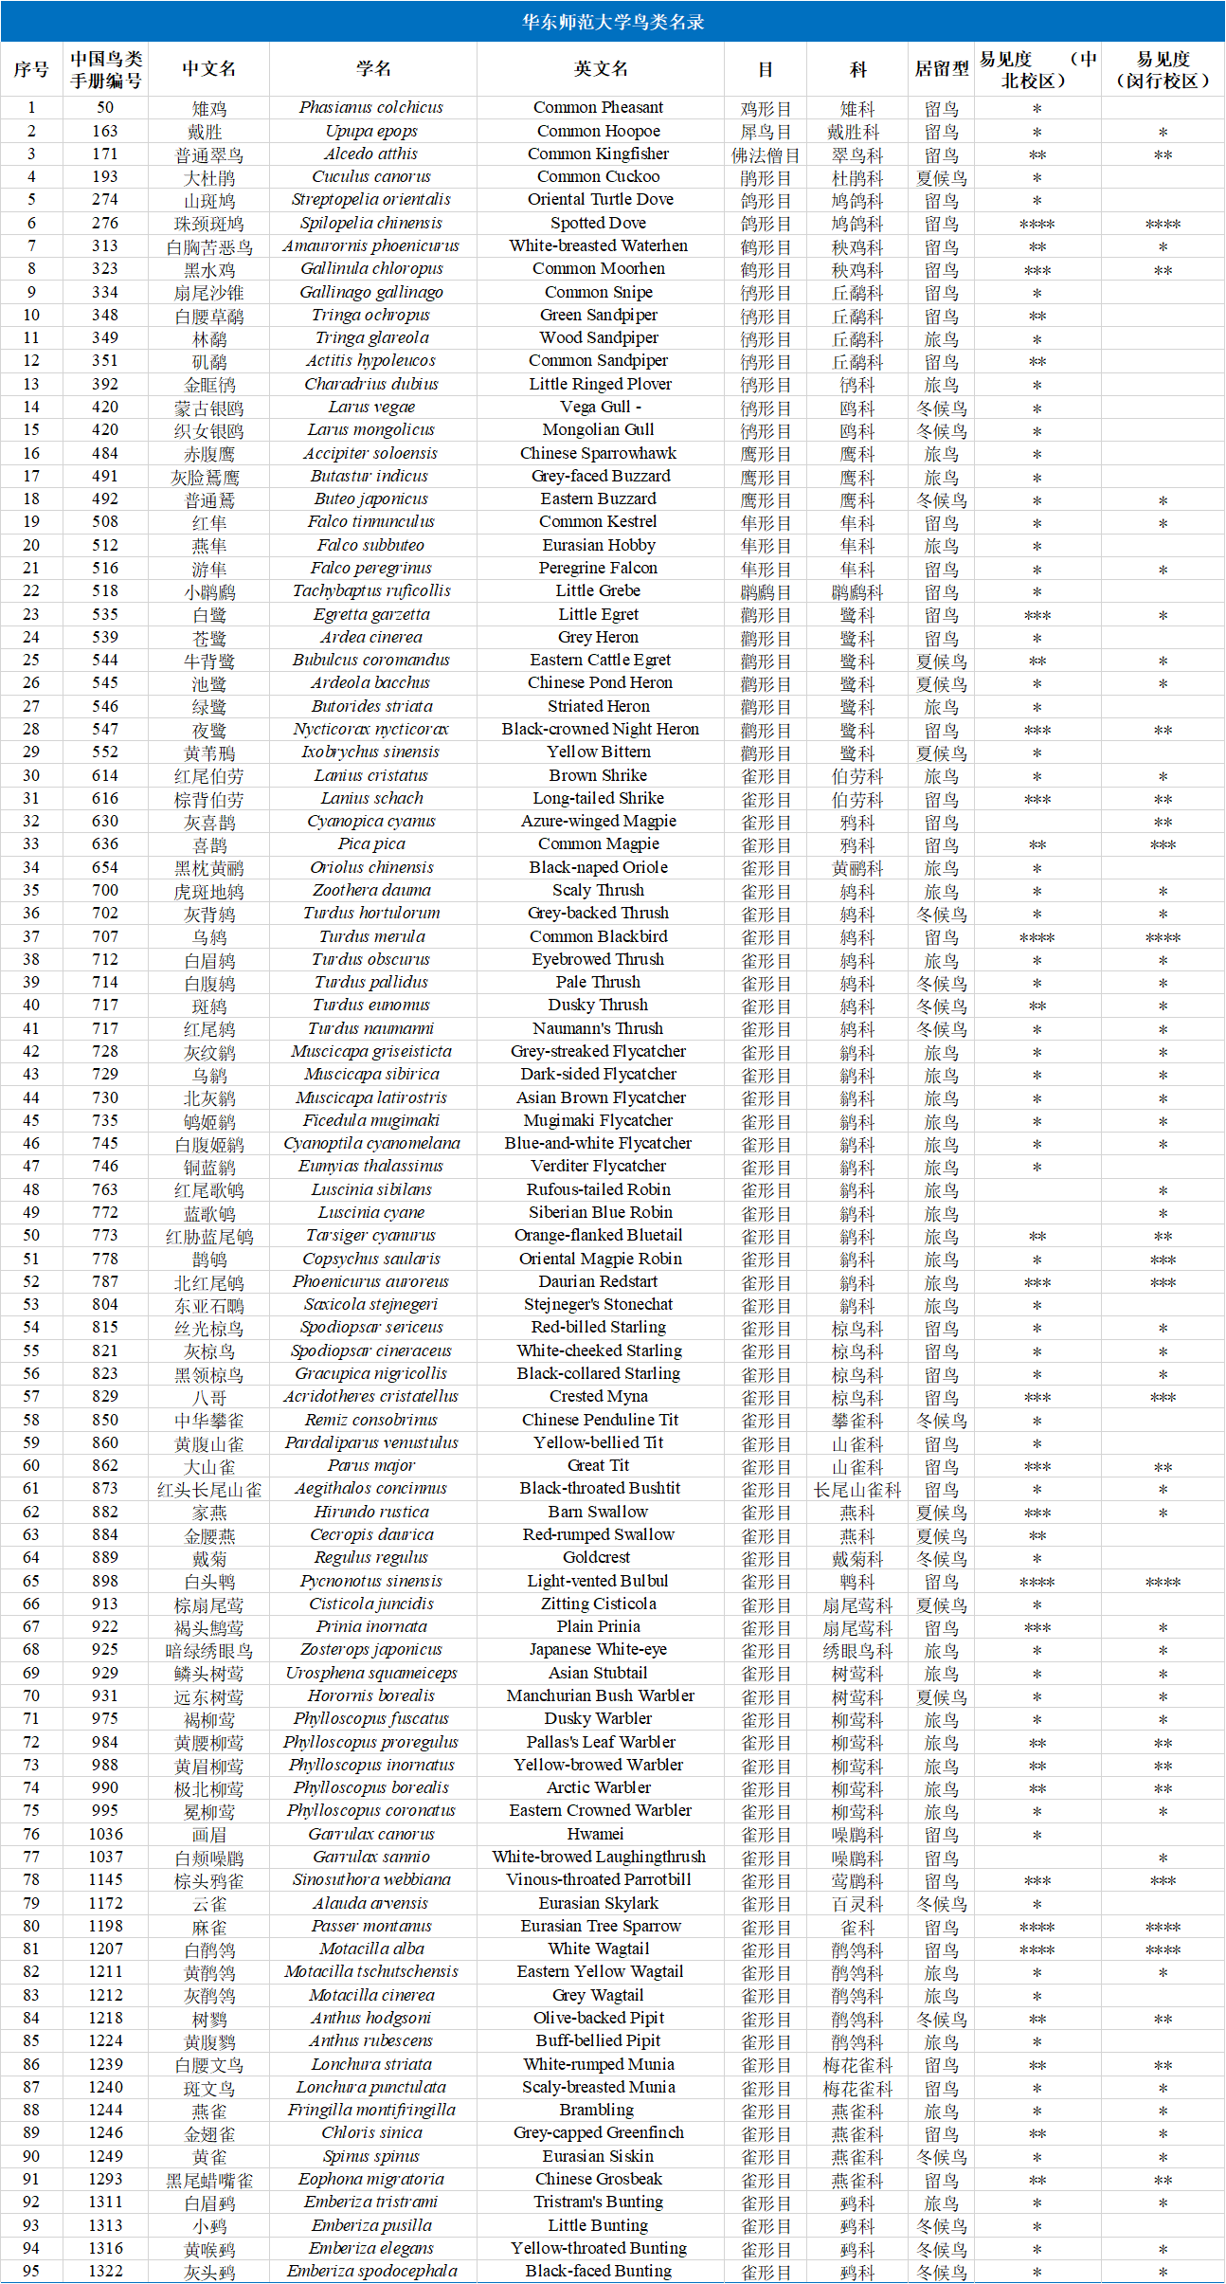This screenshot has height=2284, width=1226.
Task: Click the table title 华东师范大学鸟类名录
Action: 612,22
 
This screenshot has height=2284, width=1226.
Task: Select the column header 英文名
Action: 600,68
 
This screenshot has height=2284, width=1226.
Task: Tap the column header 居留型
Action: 941,68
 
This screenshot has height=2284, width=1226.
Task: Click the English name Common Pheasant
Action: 598,108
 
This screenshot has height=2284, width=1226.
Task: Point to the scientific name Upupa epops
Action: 371,131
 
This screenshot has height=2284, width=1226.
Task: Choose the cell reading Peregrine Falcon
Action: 598,569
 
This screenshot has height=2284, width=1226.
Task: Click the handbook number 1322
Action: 105,2271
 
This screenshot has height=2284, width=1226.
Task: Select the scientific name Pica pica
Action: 371,844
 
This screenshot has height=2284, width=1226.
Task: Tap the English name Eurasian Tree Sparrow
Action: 600,1926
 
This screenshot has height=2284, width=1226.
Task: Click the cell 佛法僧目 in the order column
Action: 765,154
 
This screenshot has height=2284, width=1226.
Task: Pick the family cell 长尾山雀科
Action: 856,1490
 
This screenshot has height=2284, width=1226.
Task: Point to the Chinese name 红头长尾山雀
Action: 208,1490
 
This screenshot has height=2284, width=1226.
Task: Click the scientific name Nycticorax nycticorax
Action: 371,730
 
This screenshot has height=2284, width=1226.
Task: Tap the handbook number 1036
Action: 105,1834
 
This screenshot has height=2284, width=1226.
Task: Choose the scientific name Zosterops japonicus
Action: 371,1650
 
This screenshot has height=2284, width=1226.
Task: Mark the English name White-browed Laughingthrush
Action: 599,1858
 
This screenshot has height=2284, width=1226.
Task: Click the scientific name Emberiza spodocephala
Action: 371,2271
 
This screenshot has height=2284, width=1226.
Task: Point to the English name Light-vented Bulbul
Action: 598,1581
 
